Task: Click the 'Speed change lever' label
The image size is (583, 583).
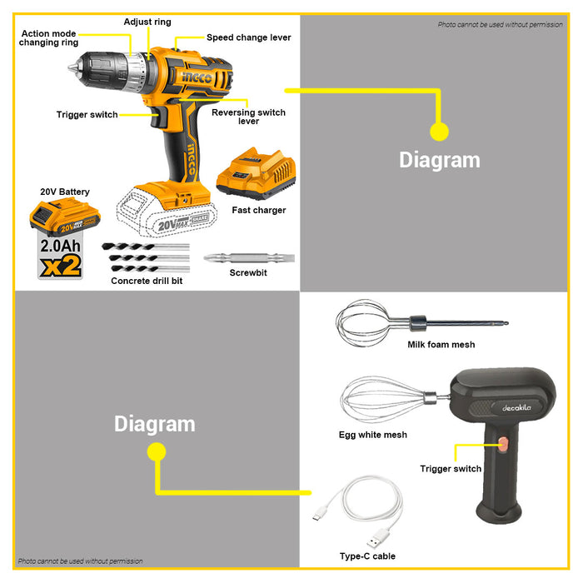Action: [249, 37]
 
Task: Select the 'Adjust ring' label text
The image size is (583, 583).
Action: [147, 22]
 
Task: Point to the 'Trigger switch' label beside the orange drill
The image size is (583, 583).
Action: [87, 115]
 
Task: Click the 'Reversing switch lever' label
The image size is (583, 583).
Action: [248, 117]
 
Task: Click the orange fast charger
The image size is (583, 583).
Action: [254, 174]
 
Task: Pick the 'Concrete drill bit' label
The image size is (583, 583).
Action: [147, 282]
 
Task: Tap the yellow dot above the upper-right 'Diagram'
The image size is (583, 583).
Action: [439, 131]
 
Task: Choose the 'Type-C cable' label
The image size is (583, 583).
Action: [367, 556]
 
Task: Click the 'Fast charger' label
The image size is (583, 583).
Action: [259, 210]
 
